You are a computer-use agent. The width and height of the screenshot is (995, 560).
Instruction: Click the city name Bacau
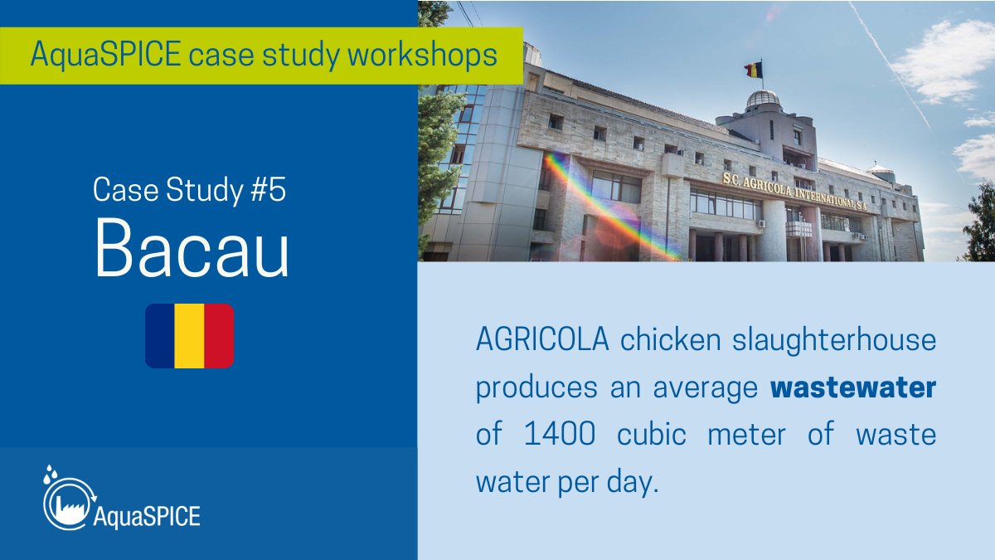192,251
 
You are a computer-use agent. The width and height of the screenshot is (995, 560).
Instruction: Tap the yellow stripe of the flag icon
189,336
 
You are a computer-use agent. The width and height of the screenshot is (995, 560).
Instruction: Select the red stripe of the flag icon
219,336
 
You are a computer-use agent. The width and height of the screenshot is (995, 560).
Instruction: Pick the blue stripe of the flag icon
159,336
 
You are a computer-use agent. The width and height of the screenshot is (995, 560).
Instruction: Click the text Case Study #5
189,191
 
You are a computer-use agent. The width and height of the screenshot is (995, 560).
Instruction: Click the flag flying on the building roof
753,70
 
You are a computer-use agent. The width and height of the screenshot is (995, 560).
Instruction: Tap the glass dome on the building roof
763,100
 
